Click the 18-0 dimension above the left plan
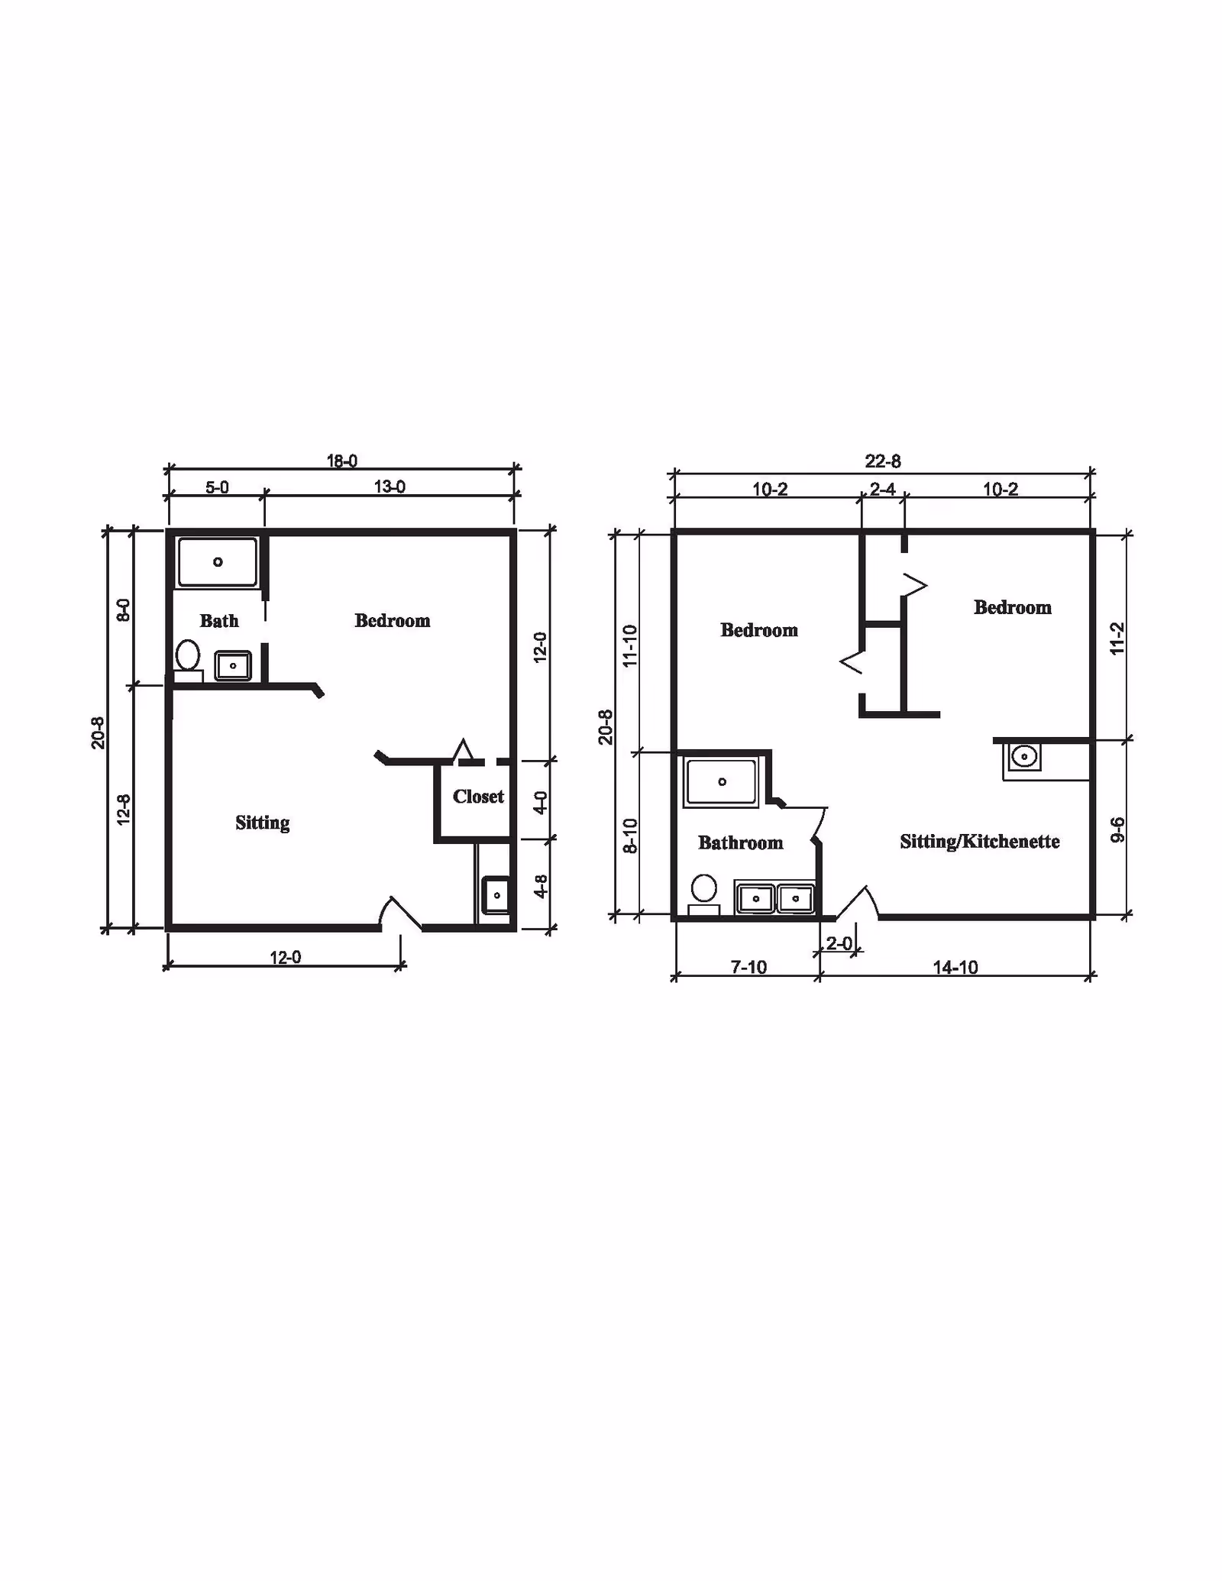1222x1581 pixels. [x=342, y=461]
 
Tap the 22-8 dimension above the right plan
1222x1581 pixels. [x=883, y=461]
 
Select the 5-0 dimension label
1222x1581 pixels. [x=217, y=487]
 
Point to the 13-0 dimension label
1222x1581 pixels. [x=390, y=487]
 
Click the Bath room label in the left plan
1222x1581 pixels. [x=219, y=621]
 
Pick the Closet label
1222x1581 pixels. [x=478, y=797]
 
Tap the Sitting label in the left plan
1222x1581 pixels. [x=262, y=823]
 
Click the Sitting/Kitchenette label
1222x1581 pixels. [x=980, y=842]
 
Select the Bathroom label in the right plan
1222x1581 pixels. [x=740, y=842]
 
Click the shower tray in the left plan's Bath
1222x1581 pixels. [x=218, y=562]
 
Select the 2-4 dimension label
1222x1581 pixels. [x=882, y=489]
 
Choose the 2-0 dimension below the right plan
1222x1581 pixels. [x=839, y=944]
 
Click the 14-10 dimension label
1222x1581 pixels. [x=955, y=968]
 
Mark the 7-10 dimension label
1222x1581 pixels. [x=748, y=968]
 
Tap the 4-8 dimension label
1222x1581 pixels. [x=540, y=886]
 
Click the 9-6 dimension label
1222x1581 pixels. [x=1117, y=829]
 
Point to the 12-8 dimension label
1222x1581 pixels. [x=124, y=810]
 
